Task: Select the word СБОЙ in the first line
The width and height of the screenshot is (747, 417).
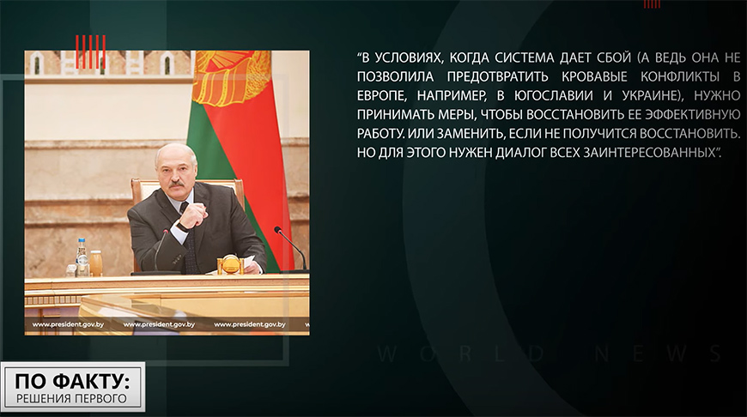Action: coord(614,58)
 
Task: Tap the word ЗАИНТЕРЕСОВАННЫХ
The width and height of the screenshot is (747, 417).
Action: coord(649,153)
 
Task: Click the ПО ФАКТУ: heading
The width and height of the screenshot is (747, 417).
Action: coord(72,382)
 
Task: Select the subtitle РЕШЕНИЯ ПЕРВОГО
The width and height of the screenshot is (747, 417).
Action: coord(72,399)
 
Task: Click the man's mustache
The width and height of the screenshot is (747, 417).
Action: coord(176,184)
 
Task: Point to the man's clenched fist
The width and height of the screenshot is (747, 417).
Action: coord(193,215)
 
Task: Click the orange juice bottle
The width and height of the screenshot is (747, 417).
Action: coord(96,263)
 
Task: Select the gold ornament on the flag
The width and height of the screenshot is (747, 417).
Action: coord(231,77)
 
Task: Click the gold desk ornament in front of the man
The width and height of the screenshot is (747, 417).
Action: coord(231,264)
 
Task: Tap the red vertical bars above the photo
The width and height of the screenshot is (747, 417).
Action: coord(90,51)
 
